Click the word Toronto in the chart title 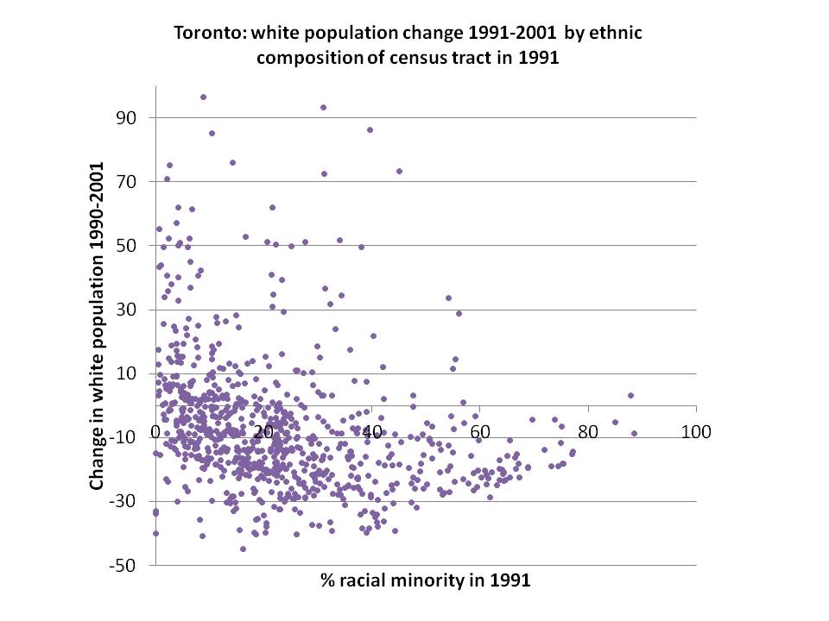(x=205, y=34)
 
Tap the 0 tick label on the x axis (x=156, y=431)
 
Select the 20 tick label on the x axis (x=264, y=431)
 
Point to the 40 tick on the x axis (x=372, y=431)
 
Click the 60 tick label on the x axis (x=480, y=431)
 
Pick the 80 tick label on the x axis (x=588, y=431)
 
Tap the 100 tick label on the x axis (x=696, y=431)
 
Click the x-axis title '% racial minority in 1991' (x=423, y=580)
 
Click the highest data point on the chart (x=203, y=97)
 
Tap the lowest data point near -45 (x=243, y=549)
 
